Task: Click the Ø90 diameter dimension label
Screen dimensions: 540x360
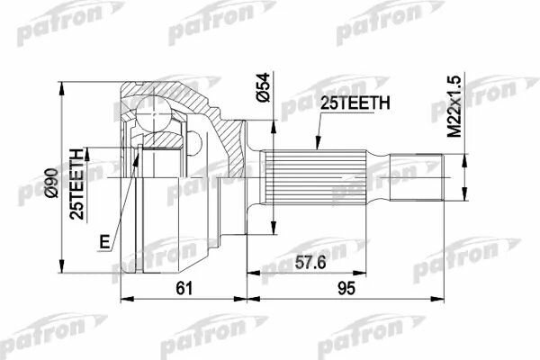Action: [51, 183]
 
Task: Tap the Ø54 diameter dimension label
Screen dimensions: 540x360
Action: [264, 87]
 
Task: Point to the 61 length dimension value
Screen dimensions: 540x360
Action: [184, 288]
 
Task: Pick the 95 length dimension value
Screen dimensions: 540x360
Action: [346, 288]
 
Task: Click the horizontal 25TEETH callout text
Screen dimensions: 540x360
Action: [355, 103]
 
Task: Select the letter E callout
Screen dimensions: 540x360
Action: [104, 241]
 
